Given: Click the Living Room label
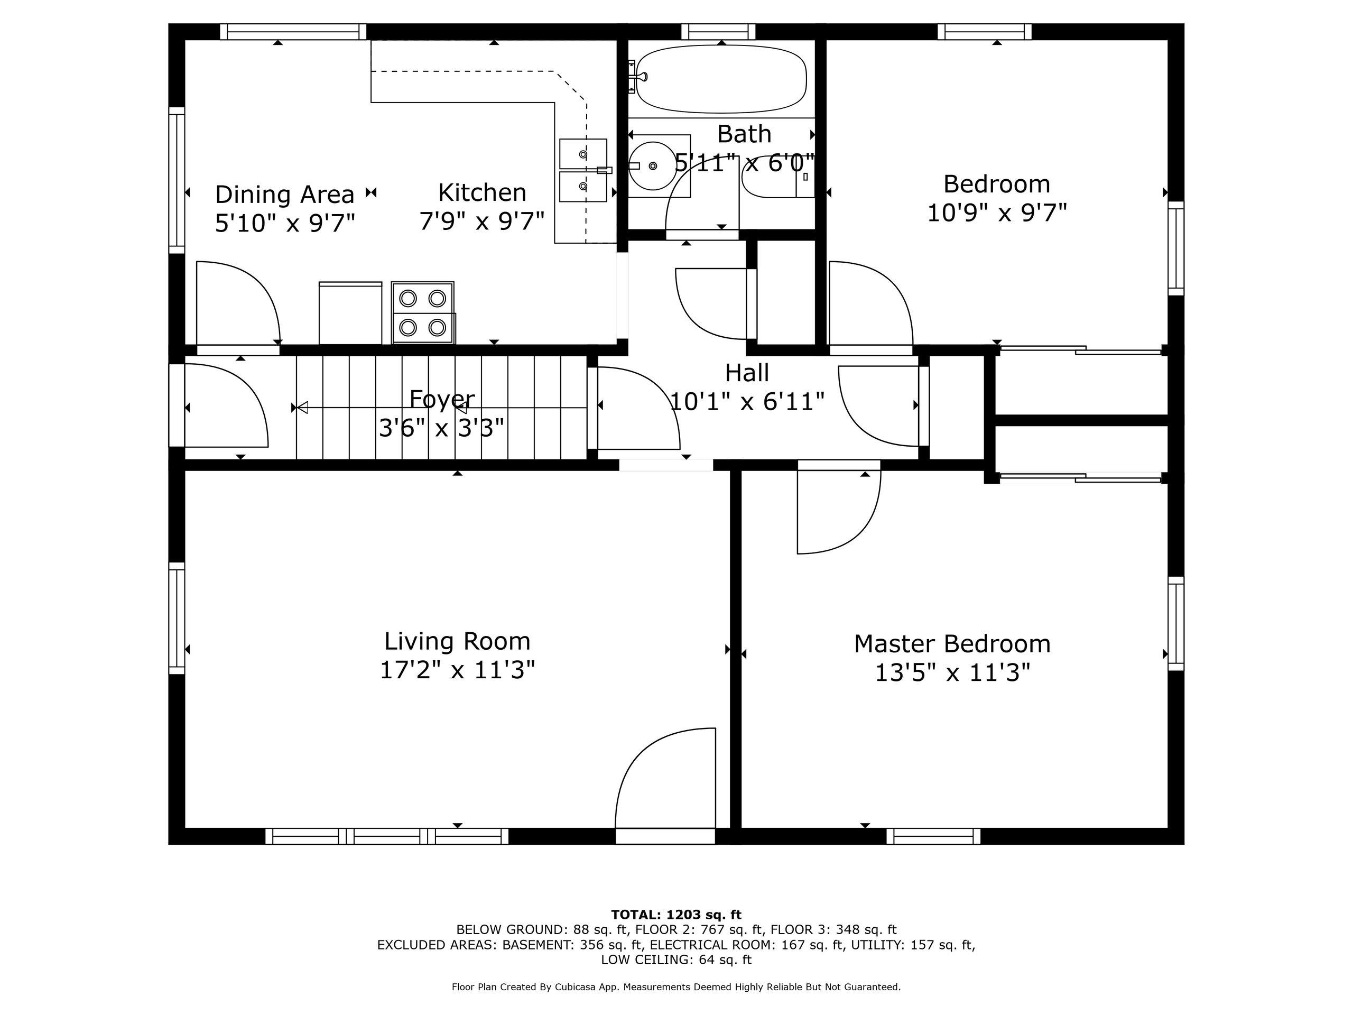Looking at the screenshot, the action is (457, 641).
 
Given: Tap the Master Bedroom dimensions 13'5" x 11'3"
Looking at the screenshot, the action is (952, 673).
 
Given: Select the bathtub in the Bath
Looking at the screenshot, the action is (721, 79).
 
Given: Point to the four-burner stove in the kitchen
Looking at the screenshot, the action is (423, 312).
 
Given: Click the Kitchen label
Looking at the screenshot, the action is (482, 193).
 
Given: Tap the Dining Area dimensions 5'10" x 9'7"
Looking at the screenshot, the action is (285, 223).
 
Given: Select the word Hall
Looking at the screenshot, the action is (747, 373).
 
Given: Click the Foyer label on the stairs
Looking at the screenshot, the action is (442, 399).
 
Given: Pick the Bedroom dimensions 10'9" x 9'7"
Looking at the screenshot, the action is (997, 213).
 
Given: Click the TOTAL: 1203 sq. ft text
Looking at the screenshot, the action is (676, 915).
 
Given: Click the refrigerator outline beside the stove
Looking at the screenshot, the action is (350, 312).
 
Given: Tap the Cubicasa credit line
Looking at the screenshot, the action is (676, 987).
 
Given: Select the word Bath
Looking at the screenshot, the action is (744, 134).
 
